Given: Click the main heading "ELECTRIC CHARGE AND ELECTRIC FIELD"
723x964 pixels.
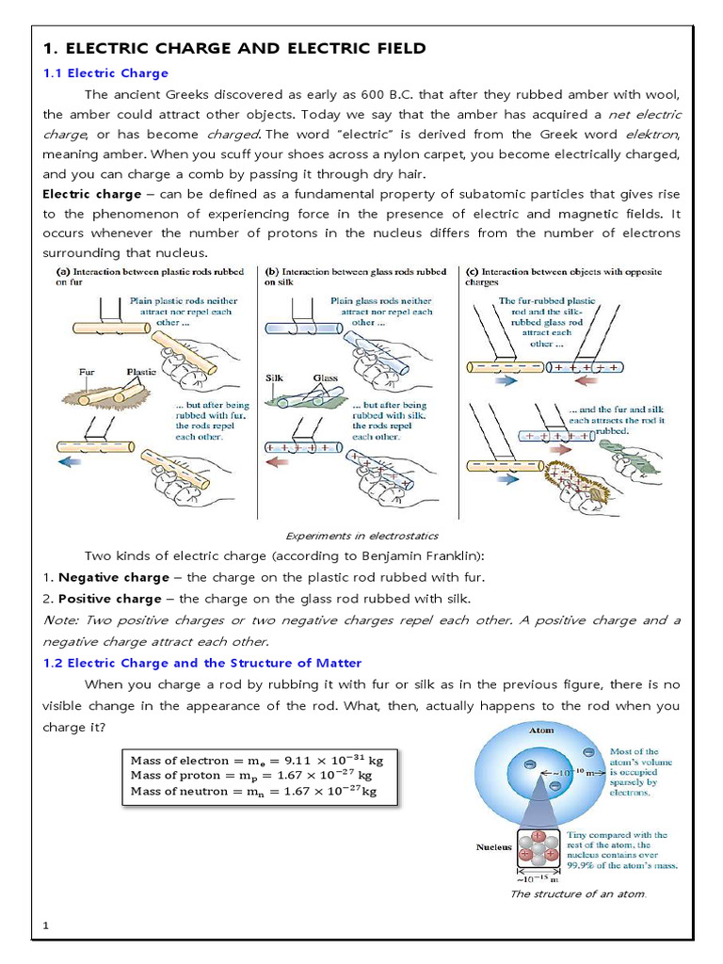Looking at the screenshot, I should (235, 48).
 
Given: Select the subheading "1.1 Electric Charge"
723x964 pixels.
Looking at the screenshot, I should (106, 73).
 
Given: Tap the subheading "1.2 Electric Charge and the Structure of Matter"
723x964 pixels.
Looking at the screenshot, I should (202, 663).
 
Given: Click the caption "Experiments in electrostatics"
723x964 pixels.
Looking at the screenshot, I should (361, 535).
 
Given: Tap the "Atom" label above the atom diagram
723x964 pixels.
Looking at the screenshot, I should (542, 730).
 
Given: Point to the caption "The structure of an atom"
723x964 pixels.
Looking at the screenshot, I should (578, 893).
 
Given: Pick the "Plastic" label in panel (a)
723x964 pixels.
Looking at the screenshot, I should (141, 373).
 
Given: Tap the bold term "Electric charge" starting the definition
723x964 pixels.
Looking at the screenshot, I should (90, 194).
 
